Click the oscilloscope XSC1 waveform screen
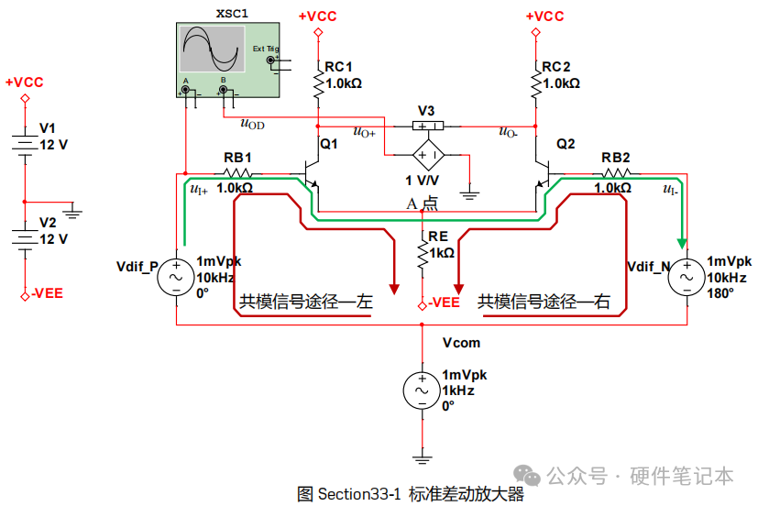click(213, 49)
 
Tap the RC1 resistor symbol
click(318, 84)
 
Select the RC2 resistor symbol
click(535, 84)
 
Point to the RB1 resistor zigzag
click(237, 173)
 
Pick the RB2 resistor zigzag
click(615, 173)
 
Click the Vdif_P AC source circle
click(176, 277)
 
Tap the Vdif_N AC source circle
click(687, 277)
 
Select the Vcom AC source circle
click(422, 390)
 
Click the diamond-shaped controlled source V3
click(428, 155)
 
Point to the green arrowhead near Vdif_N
click(682, 243)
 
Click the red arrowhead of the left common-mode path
click(394, 289)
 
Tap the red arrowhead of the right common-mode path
click(458, 289)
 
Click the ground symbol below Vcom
click(422, 459)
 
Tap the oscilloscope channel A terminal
click(185, 90)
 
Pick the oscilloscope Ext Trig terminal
click(270, 60)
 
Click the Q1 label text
click(329, 144)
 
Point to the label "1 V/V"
click(422, 181)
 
